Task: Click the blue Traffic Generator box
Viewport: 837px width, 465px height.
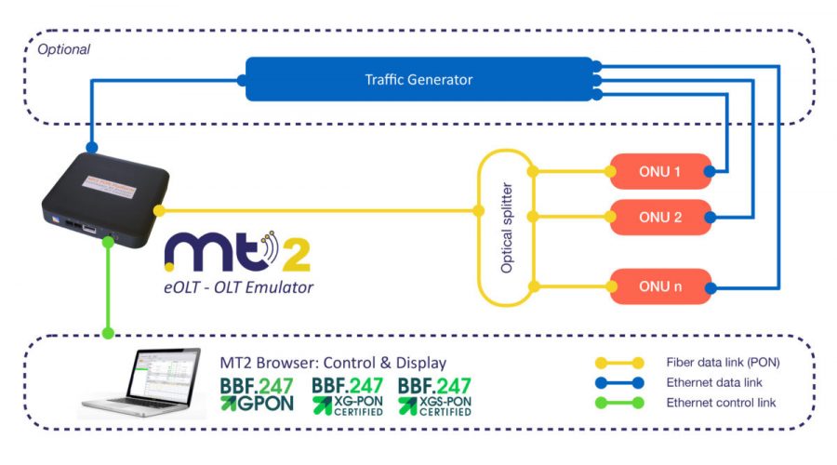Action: point(418,79)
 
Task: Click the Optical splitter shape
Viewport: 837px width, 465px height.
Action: point(507,228)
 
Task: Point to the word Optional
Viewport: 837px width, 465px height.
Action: point(63,49)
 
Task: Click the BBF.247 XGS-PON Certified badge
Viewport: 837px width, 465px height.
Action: point(434,394)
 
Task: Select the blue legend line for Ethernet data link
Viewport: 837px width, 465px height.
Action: point(617,382)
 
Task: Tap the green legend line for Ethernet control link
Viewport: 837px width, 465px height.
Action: point(617,403)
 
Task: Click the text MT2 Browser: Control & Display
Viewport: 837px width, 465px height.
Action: point(332,362)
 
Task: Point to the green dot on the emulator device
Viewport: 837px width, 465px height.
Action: point(109,242)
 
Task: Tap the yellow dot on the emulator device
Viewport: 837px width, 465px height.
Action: point(159,211)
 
